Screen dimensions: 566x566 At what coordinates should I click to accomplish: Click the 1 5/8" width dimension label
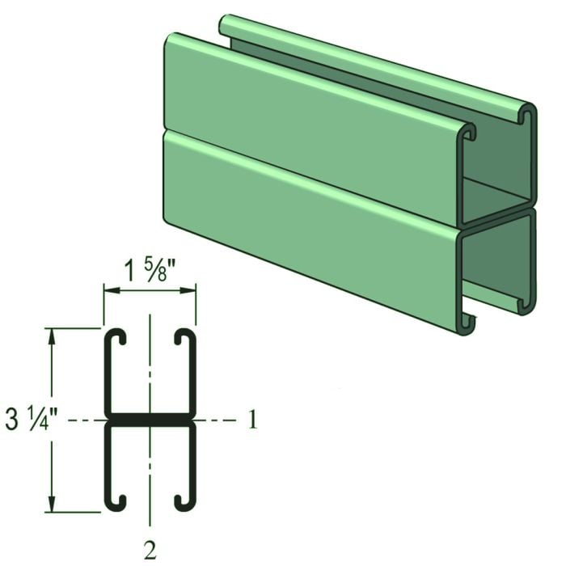[x=150, y=270]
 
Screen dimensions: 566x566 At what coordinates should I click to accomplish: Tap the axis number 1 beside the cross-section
[x=252, y=420]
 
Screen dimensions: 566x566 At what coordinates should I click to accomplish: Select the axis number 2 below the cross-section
[x=150, y=550]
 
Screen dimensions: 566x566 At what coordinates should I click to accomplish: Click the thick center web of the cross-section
[x=150, y=420]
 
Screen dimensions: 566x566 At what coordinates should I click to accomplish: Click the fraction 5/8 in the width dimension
[x=165, y=270]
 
